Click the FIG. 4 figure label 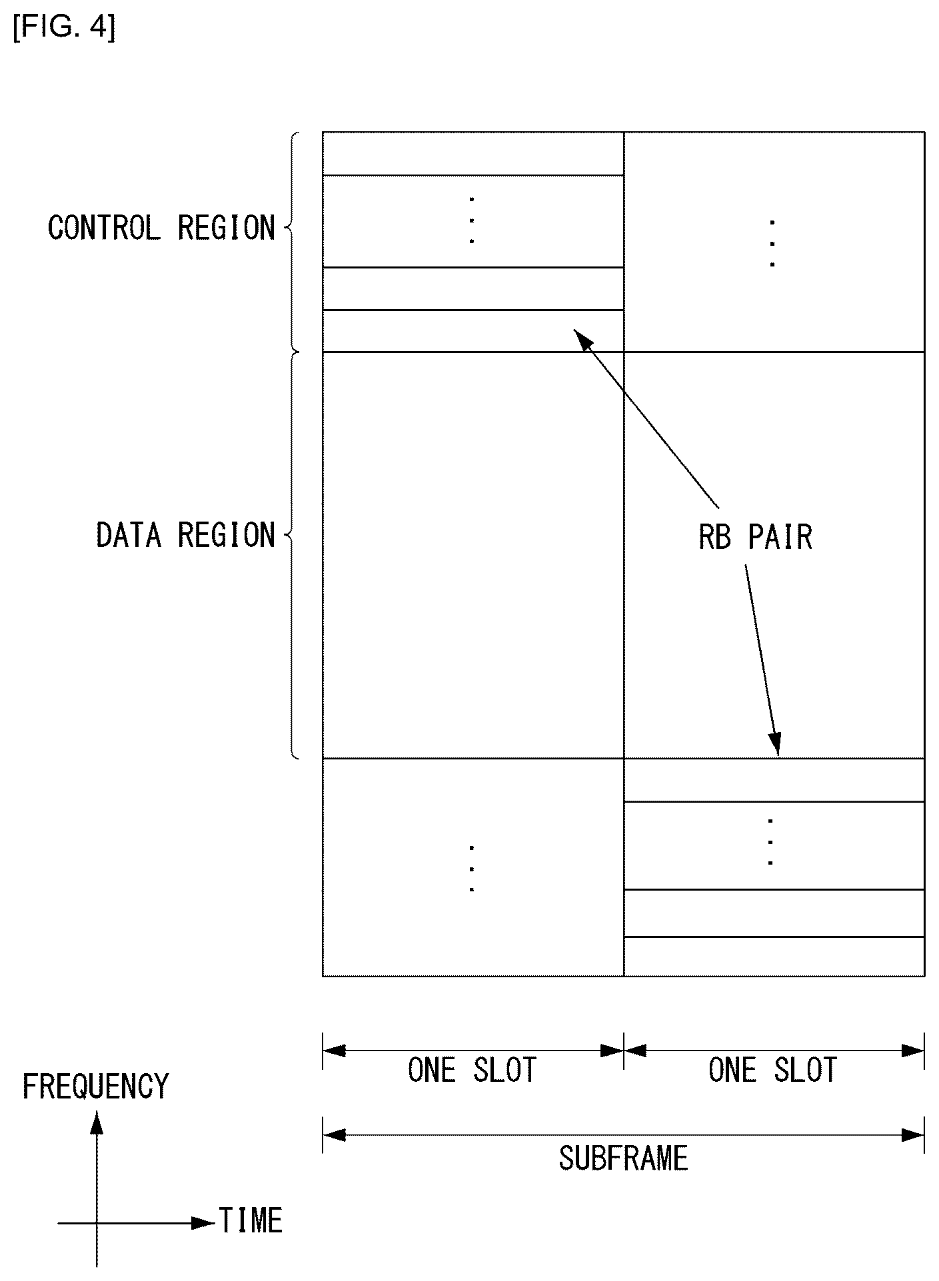(64, 28)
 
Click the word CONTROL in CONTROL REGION (104, 228)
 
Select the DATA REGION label (186, 535)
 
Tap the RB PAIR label (756, 537)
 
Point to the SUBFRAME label (623, 1158)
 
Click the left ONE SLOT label (472, 1070)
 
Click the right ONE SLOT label (773, 1070)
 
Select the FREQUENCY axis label (96, 1086)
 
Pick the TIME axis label (251, 1220)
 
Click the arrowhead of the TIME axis (203, 1223)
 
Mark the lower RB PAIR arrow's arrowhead (775, 745)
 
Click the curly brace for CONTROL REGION (291, 241)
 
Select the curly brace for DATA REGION (291, 555)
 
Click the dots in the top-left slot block (472, 220)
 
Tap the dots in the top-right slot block (772, 243)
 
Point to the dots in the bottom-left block (472, 869)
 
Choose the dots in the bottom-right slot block (770, 842)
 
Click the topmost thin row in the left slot (473, 154)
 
